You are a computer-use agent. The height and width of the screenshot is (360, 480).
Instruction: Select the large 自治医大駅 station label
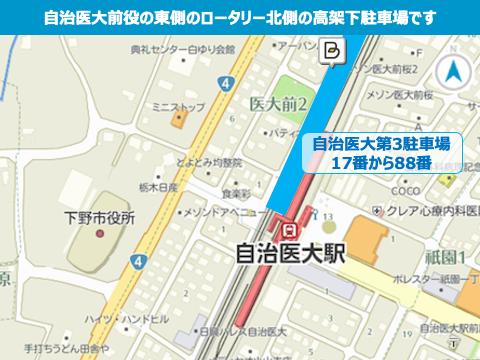286,252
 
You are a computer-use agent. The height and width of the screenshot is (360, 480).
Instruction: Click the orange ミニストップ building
179,121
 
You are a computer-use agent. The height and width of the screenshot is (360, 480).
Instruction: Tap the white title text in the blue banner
240,17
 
